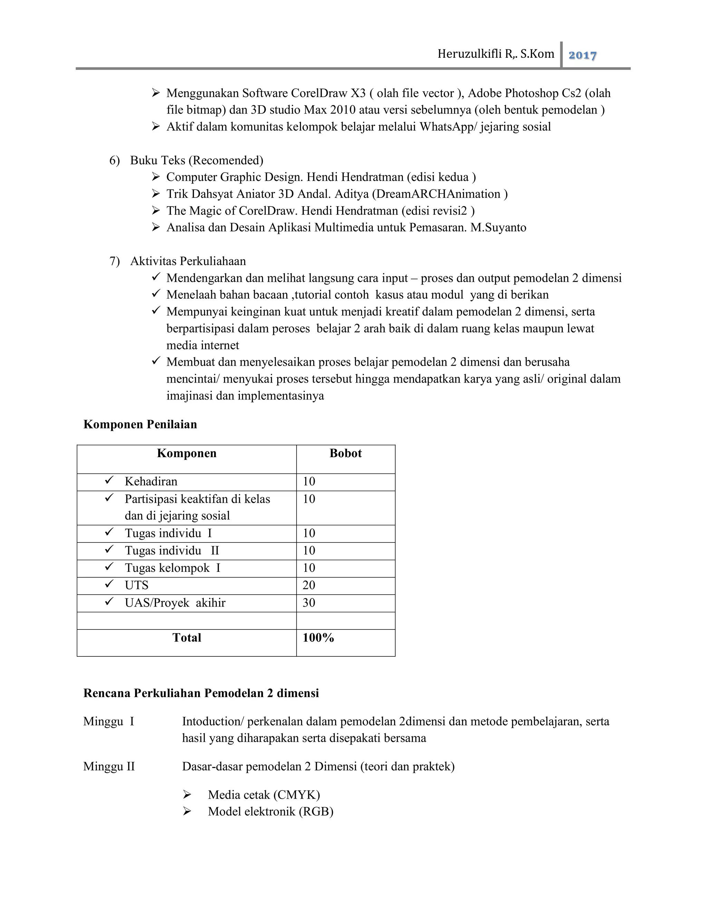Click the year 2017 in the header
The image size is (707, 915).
pos(582,55)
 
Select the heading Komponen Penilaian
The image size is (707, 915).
pos(140,424)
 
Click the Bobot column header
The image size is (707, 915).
pos(345,453)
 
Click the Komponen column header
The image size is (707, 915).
pos(186,453)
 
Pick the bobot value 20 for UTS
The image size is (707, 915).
pos(309,585)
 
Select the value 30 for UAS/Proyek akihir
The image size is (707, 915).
pos(309,603)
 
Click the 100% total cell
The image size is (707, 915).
pos(318,638)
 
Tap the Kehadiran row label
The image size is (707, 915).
pos(151,481)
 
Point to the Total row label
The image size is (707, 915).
pos(186,638)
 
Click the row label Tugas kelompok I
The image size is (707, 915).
pos(172,568)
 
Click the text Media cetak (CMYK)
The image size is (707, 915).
pos(264,795)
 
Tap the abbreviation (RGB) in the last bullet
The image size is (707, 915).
pos(316,811)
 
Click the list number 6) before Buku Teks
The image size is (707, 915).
pos(114,161)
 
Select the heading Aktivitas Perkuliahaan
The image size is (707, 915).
pos(188,261)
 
